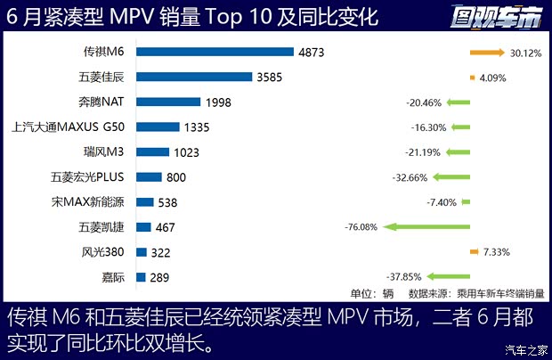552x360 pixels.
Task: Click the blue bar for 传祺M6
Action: click(x=215, y=53)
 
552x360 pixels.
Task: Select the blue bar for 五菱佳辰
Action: click(x=194, y=78)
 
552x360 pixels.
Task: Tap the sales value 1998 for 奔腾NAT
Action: click(x=217, y=102)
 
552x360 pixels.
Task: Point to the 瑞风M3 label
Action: click(x=103, y=152)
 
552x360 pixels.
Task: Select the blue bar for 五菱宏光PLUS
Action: click(x=149, y=177)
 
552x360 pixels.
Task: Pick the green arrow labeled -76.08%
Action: click(x=427, y=227)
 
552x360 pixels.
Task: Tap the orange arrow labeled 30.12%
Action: click(x=488, y=53)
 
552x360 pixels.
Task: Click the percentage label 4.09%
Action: click(x=493, y=78)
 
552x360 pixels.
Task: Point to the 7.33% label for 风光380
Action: click(x=497, y=252)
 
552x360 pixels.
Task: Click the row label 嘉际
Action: click(x=113, y=277)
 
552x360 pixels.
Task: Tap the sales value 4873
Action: click(x=312, y=53)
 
